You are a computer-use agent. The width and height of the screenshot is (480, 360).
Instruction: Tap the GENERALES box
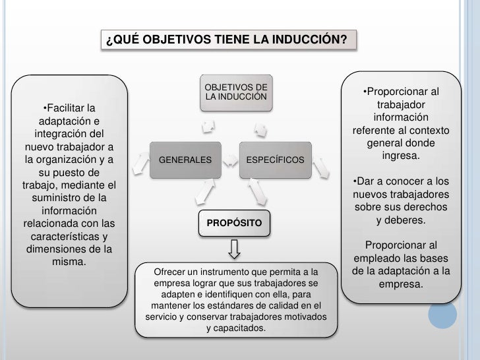tap(185, 160)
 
